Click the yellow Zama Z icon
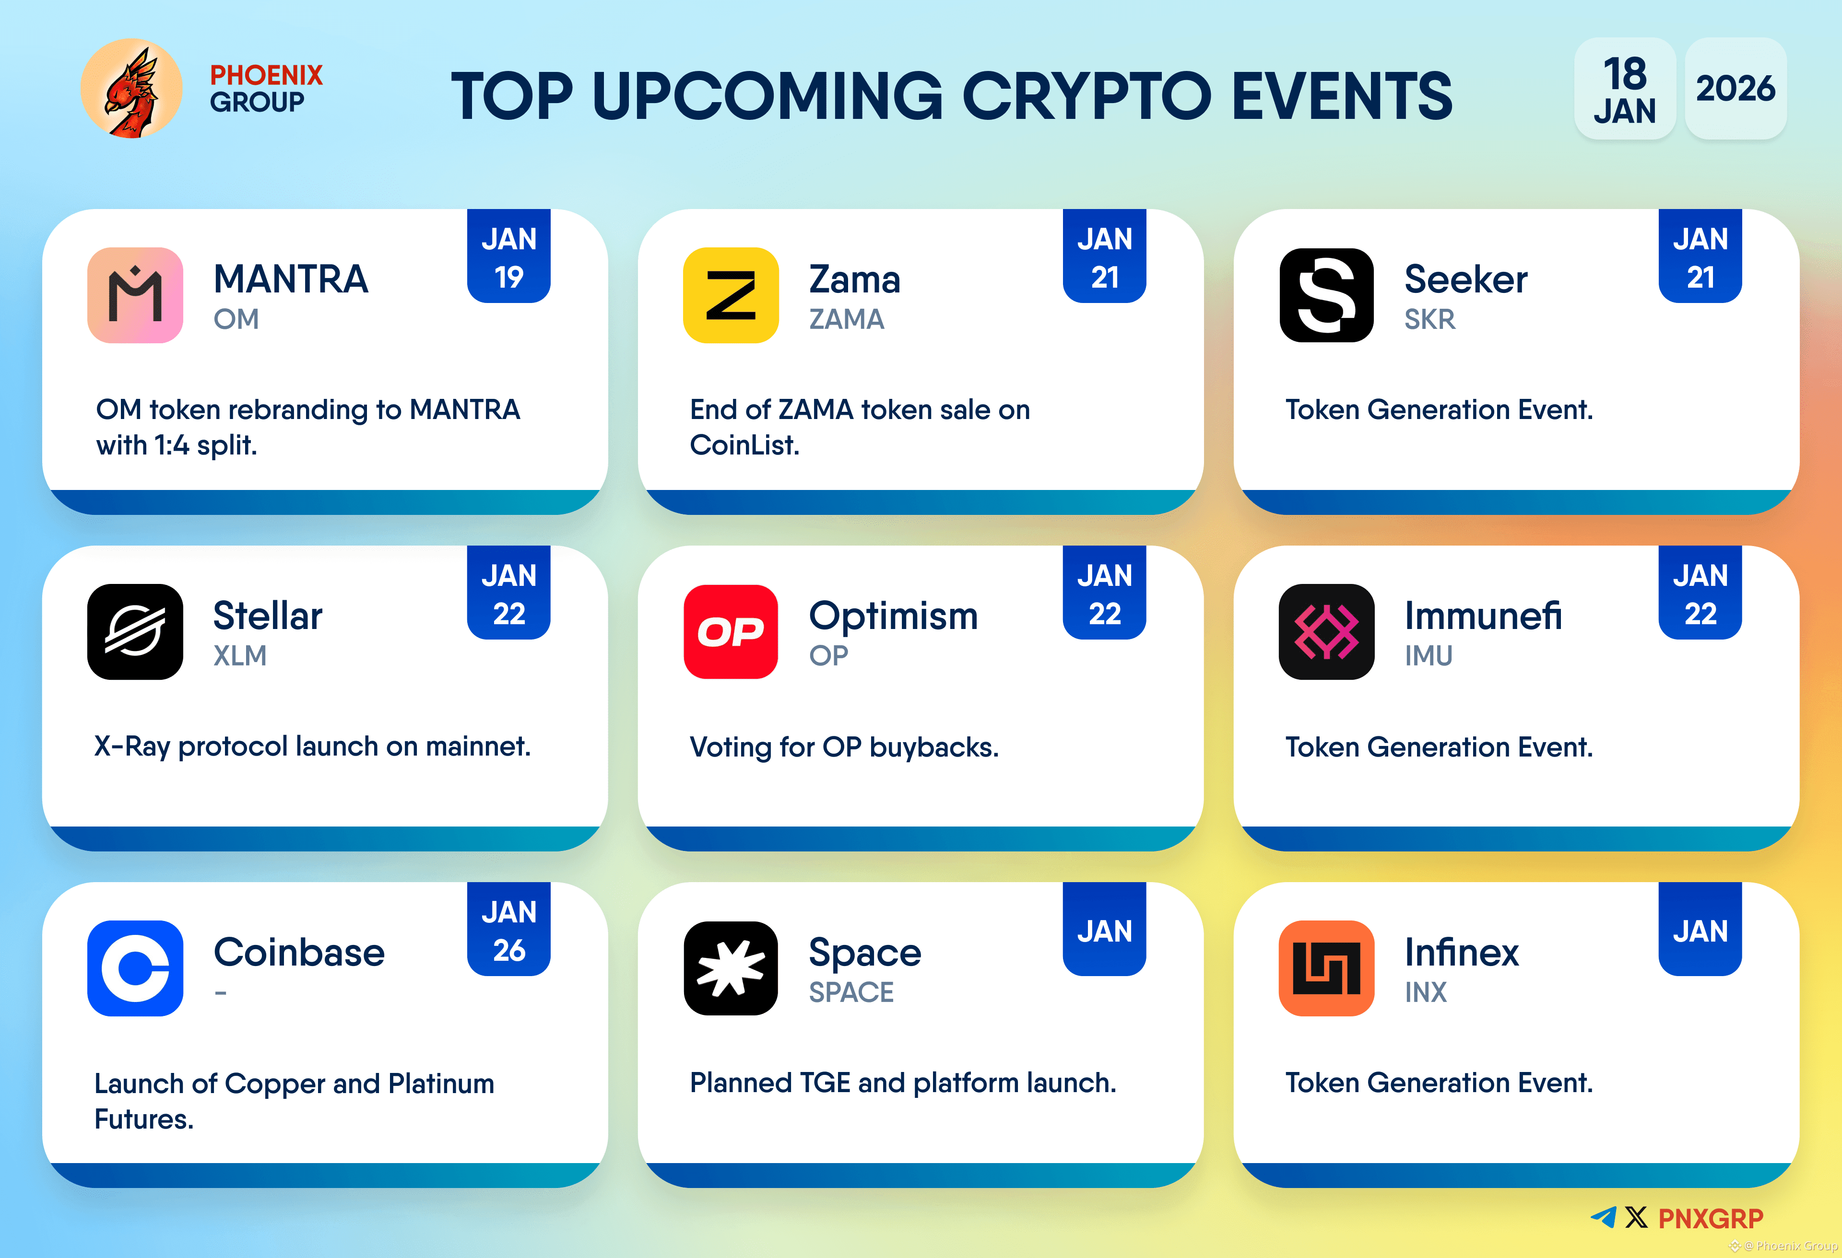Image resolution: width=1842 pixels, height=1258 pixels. (730, 295)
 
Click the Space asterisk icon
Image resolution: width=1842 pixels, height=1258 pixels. (730, 967)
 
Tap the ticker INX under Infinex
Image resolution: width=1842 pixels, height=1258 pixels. (1425, 992)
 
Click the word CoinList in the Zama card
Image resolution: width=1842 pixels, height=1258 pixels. (744, 445)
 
